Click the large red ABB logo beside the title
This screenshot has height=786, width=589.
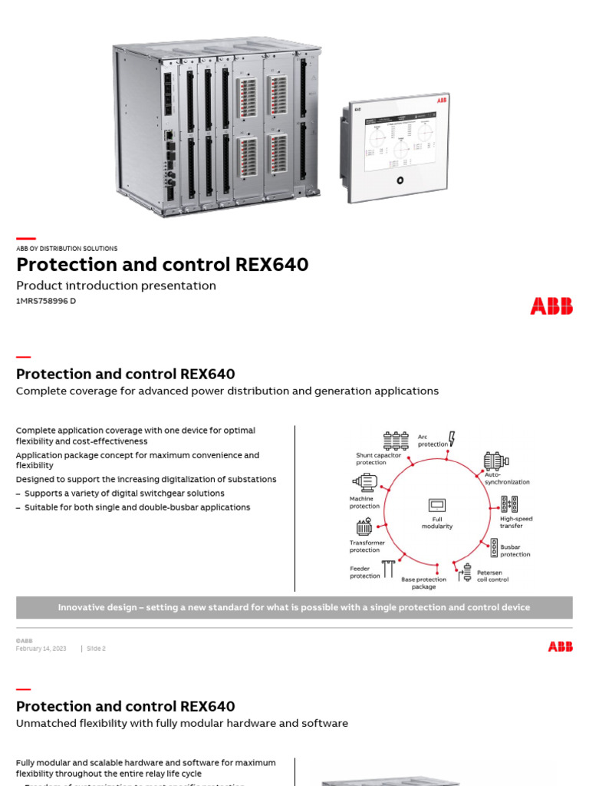(x=551, y=306)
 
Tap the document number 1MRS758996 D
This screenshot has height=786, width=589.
(x=46, y=301)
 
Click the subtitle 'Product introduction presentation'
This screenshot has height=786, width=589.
(x=116, y=286)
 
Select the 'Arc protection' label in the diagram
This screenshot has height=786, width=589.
(x=433, y=441)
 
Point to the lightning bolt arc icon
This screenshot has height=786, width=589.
(x=452, y=438)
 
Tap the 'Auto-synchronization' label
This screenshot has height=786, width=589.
(x=507, y=478)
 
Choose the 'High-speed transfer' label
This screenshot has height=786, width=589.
(x=516, y=522)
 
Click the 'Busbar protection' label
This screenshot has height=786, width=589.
(x=515, y=550)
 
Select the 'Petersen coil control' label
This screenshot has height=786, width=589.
(x=492, y=576)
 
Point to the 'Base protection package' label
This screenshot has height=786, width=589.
(x=423, y=583)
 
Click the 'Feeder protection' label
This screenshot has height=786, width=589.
(x=365, y=573)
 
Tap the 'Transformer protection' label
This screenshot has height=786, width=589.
(x=367, y=547)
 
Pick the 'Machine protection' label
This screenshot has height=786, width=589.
(x=364, y=503)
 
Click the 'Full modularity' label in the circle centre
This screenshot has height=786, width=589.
(x=437, y=523)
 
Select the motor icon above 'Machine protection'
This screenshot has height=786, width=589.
(x=365, y=481)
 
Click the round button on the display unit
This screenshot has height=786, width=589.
(x=400, y=180)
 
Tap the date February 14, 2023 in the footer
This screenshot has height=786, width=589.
(x=41, y=649)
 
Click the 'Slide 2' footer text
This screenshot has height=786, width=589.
(x=95, y=649)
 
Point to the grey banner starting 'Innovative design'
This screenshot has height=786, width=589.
(x=294, y=607)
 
